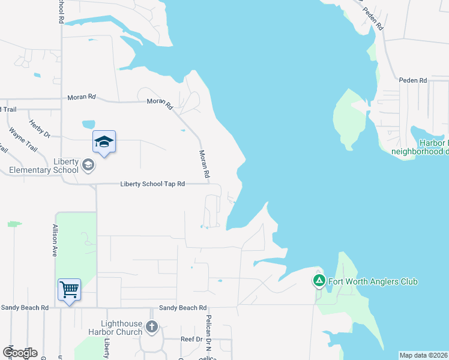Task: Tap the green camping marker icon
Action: tap(319, 280)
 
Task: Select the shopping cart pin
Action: tap(69, 290)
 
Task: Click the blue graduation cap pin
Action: tap(104, 142)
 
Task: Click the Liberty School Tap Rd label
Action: tap(152, 184)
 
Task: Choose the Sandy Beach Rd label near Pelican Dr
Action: tap(182, 308)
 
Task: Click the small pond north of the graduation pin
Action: tap(88, 124)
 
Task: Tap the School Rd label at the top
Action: tap(61, 11)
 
